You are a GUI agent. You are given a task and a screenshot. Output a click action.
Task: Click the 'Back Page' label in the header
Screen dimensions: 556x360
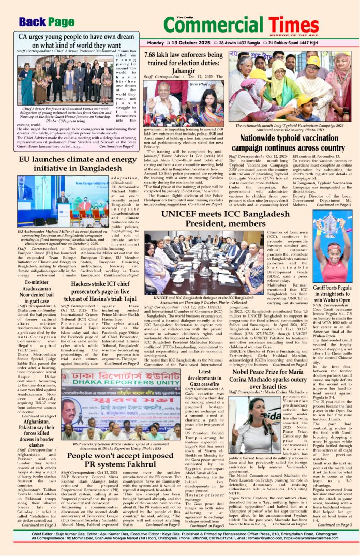click(46, 21)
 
